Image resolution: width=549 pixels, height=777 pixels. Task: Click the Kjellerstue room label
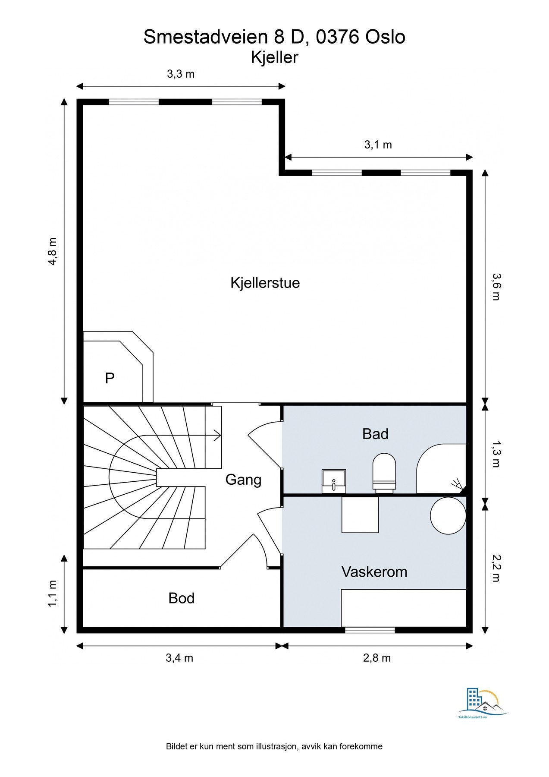click(265, 283)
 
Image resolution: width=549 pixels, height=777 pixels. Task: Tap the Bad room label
click(375, 434)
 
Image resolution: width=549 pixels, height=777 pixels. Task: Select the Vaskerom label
click(374, 572)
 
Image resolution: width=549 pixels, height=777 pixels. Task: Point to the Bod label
click(182, 598)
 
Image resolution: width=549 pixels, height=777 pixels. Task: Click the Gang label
click(244, 480)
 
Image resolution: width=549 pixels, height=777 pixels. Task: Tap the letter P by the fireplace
click(110, 378)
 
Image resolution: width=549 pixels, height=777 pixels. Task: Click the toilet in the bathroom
click(384, 473)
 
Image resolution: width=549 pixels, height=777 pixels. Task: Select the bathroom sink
click(334, 481)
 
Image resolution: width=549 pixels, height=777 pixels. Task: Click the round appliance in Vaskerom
click(448, 515)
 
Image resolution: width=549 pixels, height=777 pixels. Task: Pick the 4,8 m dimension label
click(52, 251)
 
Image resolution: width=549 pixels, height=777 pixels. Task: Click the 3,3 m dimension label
click(181, 74)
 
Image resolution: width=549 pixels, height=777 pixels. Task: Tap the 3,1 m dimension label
click(378, 145)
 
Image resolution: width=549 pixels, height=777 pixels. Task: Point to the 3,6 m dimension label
click(496, 287)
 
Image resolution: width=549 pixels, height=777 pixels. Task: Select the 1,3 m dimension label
click(496, 454)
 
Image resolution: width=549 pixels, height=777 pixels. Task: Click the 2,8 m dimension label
click(377, 658)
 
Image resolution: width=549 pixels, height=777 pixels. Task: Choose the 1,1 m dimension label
click(52, 594)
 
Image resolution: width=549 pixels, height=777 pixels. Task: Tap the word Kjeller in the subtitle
click(275, 57)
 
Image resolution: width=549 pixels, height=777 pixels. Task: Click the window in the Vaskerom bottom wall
click(370, 630)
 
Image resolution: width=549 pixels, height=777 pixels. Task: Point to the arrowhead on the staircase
click(217, 436)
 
